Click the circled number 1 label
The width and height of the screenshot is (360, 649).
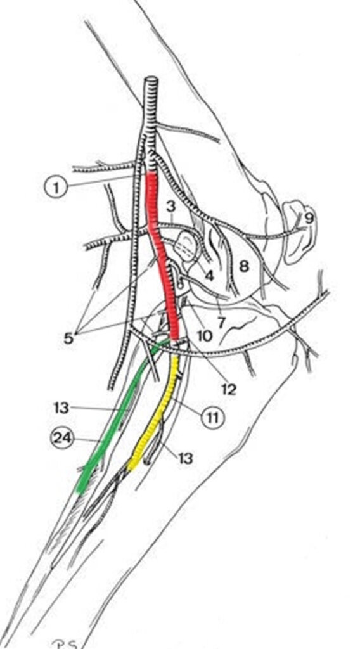point(55,188)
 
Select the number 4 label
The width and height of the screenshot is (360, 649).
point(209,276)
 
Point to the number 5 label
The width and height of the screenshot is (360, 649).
point(68,338)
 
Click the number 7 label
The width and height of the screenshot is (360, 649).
point(221,322)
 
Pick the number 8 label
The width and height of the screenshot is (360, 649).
point(245,266)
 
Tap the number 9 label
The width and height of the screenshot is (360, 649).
point(309,218)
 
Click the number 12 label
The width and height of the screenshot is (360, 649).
point(228,389)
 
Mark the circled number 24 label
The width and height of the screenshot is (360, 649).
point(62,439)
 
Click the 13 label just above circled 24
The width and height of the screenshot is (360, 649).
point(61,408)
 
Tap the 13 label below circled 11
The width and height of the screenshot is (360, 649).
point(185,458)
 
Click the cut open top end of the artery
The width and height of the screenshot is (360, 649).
point(151,79)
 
